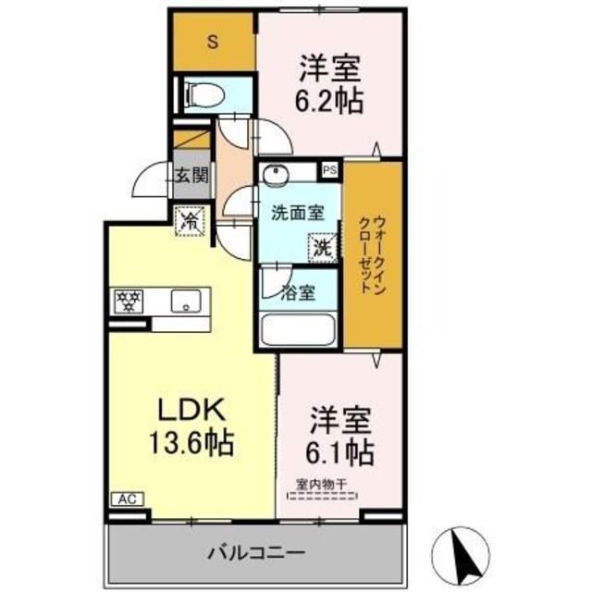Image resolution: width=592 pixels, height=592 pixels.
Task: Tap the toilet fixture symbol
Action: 204,93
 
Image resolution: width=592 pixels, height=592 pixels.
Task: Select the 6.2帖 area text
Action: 329,100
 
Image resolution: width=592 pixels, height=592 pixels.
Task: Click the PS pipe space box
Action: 329,169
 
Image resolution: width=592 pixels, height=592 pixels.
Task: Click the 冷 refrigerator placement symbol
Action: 190,221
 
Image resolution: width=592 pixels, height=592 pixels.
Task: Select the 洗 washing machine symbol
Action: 320,247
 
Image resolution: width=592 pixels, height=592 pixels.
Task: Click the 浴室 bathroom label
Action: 298,294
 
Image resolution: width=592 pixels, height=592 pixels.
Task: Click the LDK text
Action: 190,410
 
